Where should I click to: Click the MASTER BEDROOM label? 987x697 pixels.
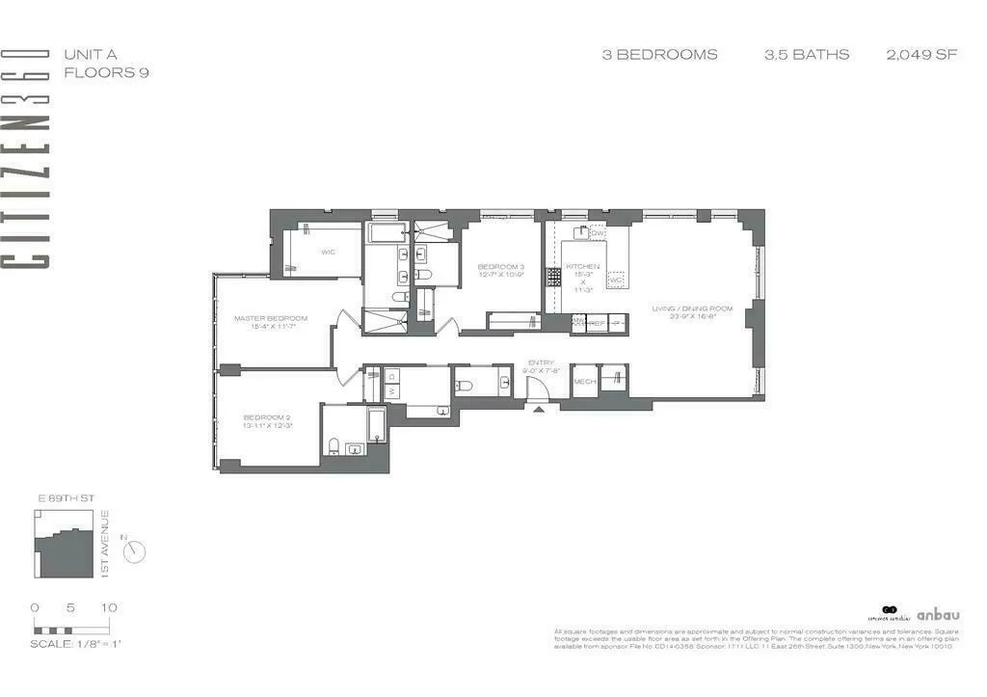pos(271,318)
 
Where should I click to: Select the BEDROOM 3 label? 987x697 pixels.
pos(501,266)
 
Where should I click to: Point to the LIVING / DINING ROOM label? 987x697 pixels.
pos(692,308)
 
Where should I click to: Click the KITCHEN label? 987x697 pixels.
pos(583,266)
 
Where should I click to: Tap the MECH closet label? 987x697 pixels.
pos(584,381)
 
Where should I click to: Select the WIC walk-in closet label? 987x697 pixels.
pos(328,253)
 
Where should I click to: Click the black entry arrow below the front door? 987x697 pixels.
pos(538,409)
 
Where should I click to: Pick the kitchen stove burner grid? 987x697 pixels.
pos(554,278)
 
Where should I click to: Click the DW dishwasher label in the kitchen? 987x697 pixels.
pos(598,233)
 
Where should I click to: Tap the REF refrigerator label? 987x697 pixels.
pos(597,325)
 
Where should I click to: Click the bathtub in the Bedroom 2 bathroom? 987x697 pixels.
pos(376,423)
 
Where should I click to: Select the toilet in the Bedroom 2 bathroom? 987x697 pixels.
pos(333,445)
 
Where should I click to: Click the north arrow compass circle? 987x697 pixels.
pos(136,550)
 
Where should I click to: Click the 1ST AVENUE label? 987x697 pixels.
pos(105,544)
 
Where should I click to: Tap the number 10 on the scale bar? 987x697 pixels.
pos(109,607)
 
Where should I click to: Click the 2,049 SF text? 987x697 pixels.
pos(921,54)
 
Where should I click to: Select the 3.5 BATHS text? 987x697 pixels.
pos(807,54)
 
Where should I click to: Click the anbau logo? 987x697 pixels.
pos(937,614)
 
